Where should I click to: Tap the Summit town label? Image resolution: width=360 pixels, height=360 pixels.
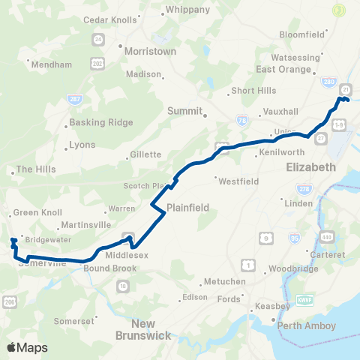point(185,110)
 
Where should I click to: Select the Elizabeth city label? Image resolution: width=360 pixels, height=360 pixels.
point(310,167)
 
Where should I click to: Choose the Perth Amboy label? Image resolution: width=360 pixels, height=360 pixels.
point(307,325)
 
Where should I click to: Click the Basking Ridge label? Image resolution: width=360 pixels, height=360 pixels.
point(94,122)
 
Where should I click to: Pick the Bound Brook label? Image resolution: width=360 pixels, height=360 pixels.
point(107,268)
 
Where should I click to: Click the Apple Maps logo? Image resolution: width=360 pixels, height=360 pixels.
point(27,347)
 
